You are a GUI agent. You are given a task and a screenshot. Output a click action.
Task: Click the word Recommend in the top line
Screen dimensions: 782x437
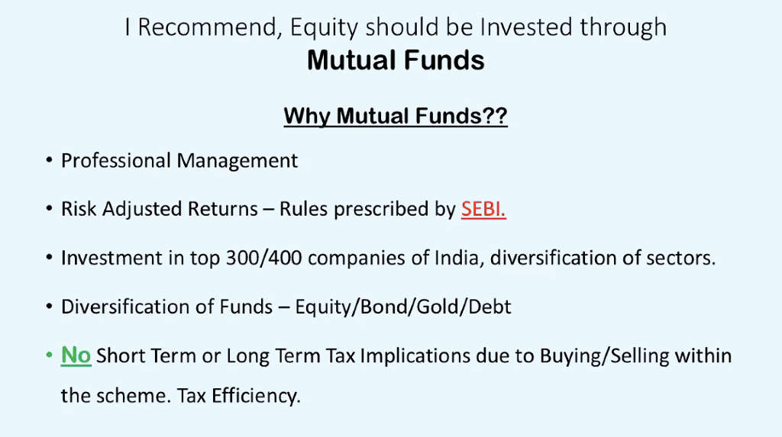click(208, 27)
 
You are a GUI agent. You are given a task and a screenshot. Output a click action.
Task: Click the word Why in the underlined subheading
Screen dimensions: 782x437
click(307, 117)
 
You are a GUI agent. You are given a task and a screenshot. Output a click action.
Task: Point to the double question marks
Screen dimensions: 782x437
click(494, 116)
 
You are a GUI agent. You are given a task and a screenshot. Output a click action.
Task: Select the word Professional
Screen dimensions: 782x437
click(116, 161)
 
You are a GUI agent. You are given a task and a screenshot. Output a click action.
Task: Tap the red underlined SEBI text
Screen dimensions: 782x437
click(483, 209)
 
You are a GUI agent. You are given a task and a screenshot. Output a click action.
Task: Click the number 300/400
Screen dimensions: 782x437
click(263, 258)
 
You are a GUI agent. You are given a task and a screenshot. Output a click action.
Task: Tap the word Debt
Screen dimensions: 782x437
click(490, 307)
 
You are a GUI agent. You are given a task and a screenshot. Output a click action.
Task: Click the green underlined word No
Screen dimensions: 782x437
click(76, 356)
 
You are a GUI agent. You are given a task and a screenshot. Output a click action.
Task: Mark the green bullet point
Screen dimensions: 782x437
click(49, 355)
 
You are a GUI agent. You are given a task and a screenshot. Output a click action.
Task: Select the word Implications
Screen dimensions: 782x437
click(415, 357)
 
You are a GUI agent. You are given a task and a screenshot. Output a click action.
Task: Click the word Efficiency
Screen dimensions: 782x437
click(256, 396)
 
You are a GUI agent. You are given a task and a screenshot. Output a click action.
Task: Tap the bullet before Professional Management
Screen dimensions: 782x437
click(49, 160)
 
